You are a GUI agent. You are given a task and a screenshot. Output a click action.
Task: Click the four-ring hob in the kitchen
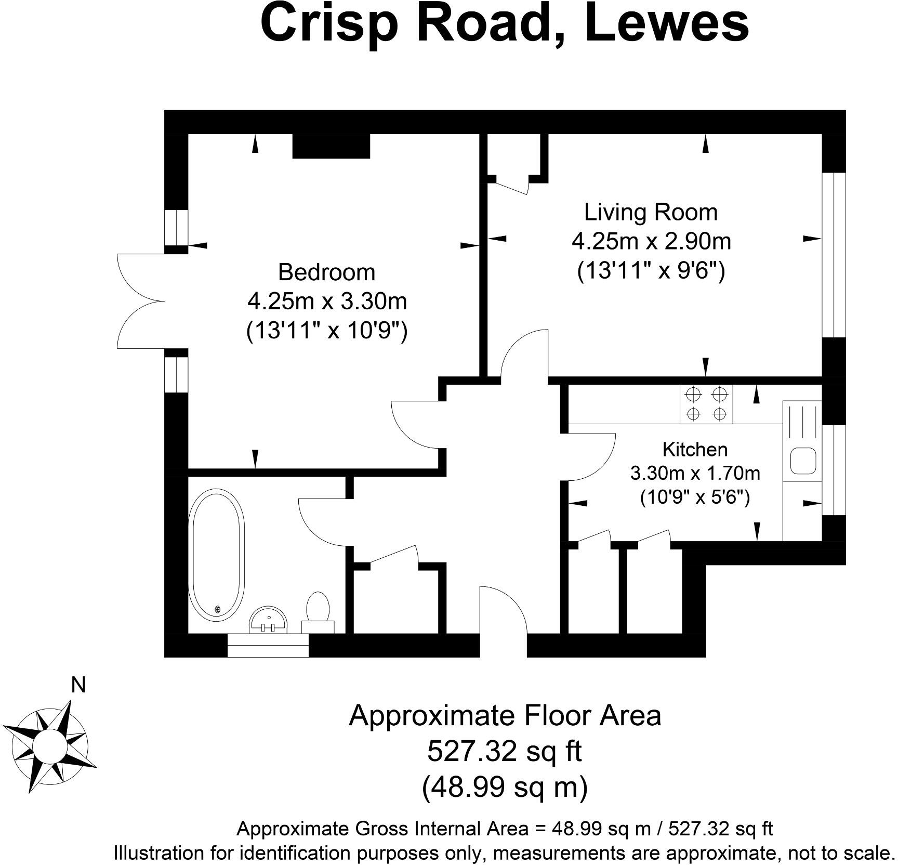coord(706,404)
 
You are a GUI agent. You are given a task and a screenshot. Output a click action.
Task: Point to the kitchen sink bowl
coord(803,461)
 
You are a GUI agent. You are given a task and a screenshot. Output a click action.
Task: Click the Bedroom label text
coord(326,272)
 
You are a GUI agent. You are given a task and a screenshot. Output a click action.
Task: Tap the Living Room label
coord(651,212)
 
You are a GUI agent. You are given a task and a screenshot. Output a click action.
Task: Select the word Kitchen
coord(695,449)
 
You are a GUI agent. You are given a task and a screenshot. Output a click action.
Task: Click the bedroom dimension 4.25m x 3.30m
coord(327,301)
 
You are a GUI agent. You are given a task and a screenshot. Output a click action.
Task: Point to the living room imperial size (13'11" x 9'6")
coord(651,271)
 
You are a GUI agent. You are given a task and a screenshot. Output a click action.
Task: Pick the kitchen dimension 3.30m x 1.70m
coord(695,473)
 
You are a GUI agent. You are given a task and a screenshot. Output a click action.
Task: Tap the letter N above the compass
coord(78,686)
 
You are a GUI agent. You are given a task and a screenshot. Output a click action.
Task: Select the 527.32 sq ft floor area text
coord(504,751)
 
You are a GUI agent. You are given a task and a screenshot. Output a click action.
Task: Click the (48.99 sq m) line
coord(504,787)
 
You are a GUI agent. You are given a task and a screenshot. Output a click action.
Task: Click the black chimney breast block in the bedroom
coord(331,146)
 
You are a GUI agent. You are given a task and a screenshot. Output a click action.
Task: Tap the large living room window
coord(834,255)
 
